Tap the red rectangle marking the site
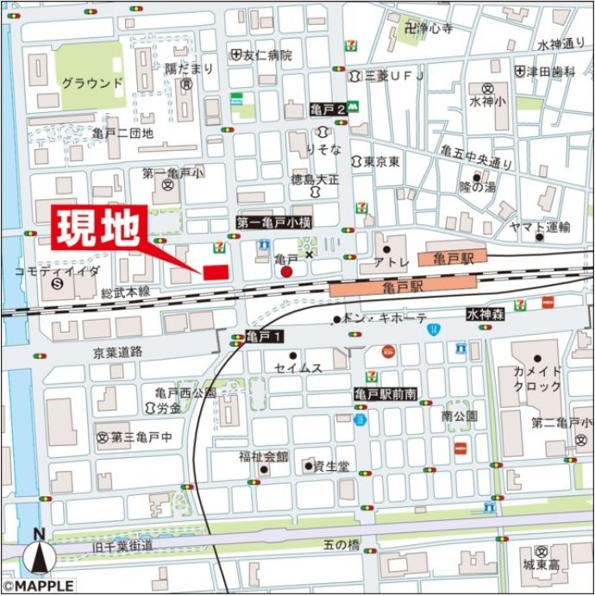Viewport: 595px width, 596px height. coord(216,273)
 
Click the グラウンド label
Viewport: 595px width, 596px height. coord(92,84)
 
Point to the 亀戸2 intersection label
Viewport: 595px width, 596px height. coord(328,110)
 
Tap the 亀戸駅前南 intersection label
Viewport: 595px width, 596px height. coord(385,393)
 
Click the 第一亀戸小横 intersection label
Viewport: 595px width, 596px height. coord(274,223)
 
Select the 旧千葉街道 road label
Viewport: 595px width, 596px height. coord(123,546)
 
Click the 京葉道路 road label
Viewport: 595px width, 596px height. coord(118,353)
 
